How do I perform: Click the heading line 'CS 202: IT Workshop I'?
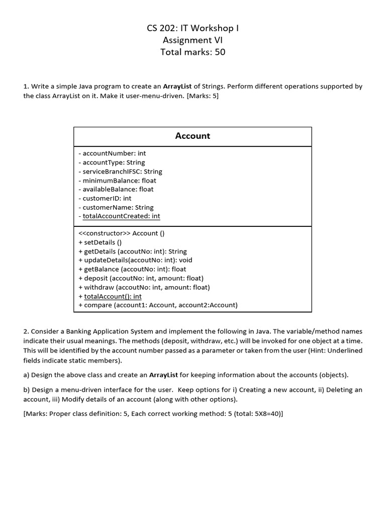(x=192, y=28)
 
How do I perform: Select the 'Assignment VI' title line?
(x=192, y=40)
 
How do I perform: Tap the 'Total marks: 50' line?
(x=192, y=52)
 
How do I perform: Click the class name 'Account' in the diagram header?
(x=192, y=136)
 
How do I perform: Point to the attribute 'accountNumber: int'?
(x=113, y=153)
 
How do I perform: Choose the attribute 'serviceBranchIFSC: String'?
(x=121, y=171)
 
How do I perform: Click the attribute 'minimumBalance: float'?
(x=118, y=181)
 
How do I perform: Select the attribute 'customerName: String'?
(x=116, y=207)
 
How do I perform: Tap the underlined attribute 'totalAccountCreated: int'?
(x=121, y=216)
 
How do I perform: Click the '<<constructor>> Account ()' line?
(x=122, y=233)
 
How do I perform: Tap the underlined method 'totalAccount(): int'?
(x=113, y=296)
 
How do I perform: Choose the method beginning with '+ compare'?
(x=158, y=305)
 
